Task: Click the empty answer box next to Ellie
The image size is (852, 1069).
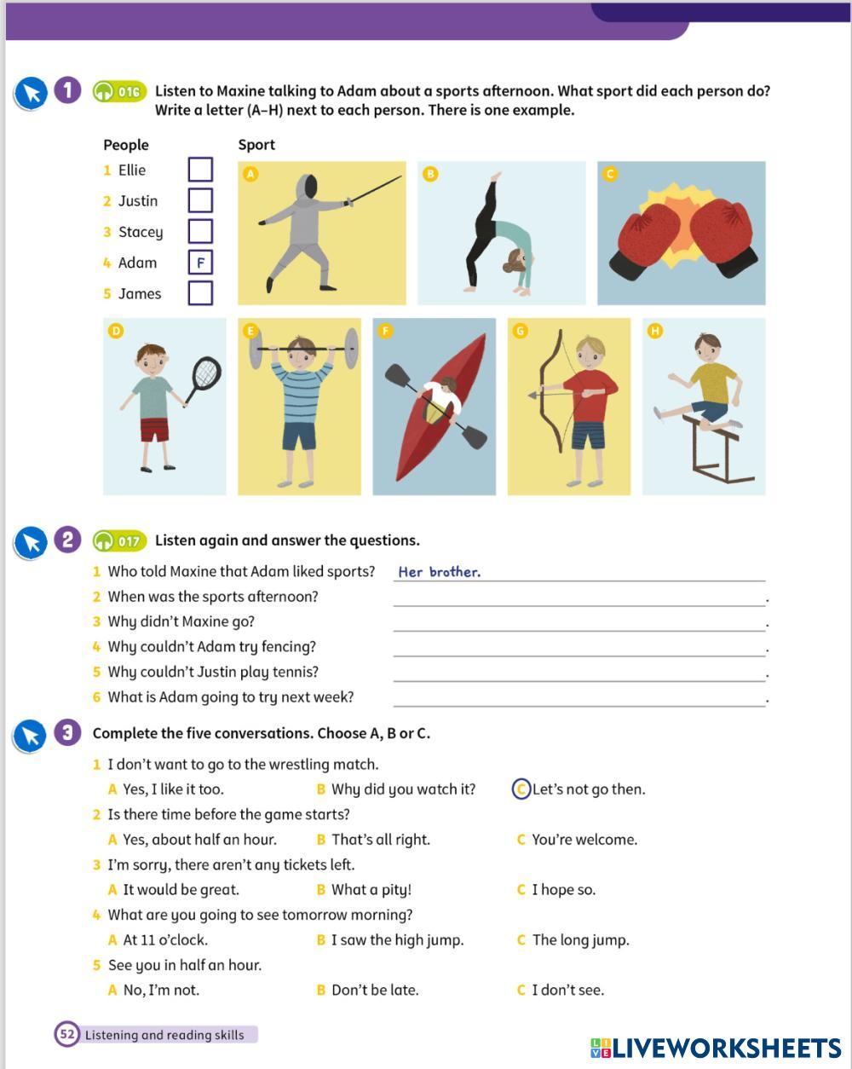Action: pyautogui.click(x=199, y=170)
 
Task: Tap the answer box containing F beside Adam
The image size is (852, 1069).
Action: pyautogui.click(x=199, y=263)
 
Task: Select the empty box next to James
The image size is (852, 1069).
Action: pyautogui.click(x=199, y=293)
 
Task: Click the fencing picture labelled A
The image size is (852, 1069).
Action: pyautogui.click(x=321, y=233)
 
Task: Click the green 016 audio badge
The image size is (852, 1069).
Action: pyautogui.click(x=120, y=91)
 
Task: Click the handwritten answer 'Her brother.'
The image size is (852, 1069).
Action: pyautogui.click(x=439, y=572)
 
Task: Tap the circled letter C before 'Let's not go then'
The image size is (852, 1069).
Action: pyautogui.click(x=521, y=789)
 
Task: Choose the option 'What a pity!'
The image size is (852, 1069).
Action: pyautogui.click(x=371, y=890)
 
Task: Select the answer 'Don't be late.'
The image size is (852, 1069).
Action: pyautogui.click(x=374, y=991)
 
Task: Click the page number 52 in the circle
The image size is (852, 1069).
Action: pyautogui.click(x=66, y=1035)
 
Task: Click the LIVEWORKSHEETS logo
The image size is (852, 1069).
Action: pyautogui.click(x=716, y=1048)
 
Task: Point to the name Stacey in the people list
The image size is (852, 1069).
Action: pyautogui.click(x=140, y=232)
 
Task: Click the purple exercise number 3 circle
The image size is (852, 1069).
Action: pyautogui.click(x=67, y=732)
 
